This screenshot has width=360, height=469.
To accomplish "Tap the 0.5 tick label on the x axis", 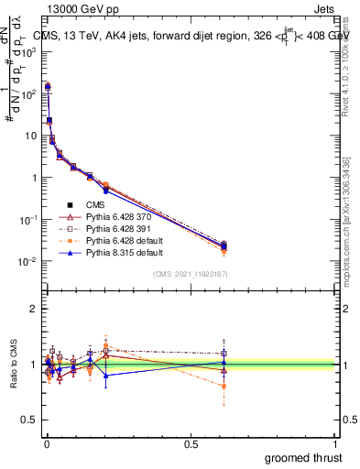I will (x=191, y=442).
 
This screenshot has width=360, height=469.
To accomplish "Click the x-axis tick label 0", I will (x=45, y=442).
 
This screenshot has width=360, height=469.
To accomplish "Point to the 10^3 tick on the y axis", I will (x=29, y=51).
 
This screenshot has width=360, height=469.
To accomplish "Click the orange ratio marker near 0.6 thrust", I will (x=224, y=386).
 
